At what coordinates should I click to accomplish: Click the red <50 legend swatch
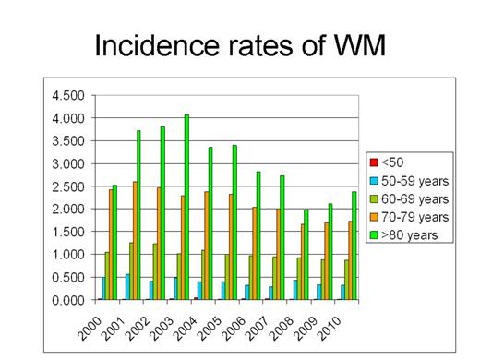click(374, 162)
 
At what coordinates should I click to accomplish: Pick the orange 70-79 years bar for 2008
click(305, 262)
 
